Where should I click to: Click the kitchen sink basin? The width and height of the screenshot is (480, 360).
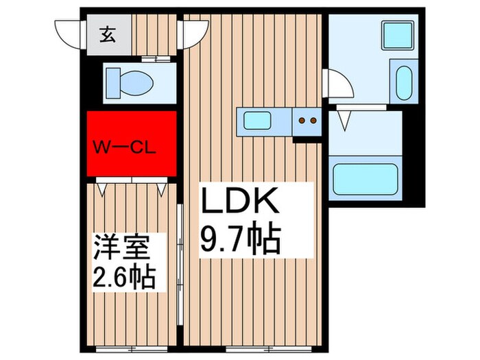click(263, 123)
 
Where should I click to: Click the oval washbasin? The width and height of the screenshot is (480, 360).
click(402, 82)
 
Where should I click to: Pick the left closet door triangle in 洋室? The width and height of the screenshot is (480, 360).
click(104, 187)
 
